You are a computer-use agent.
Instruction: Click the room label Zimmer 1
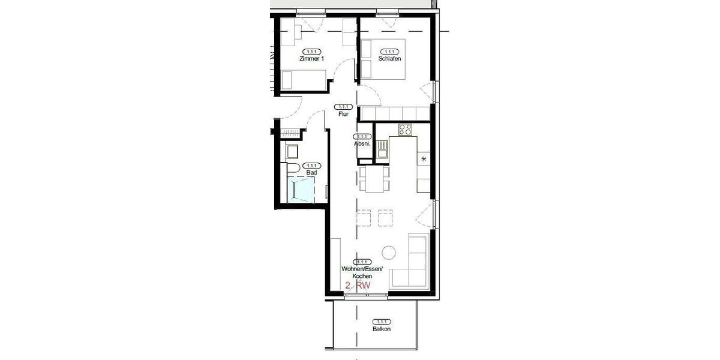click(311, 59)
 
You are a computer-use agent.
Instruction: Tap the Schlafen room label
click(389, 59)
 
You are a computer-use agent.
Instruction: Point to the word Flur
click(343, 113)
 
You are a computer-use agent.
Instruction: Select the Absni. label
click(362, 144)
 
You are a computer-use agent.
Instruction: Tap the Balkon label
click(381, 329)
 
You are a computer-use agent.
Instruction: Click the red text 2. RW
click(358, 286)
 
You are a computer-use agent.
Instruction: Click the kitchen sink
click(382, 147)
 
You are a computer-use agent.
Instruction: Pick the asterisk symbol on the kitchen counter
click(424, 159)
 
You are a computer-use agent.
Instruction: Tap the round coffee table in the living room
click(389, 253)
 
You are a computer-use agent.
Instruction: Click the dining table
click(373, 179)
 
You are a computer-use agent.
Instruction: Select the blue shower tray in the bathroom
click(302, 190)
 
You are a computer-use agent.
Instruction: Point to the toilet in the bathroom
click(293, 167)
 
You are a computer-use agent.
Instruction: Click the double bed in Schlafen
click(384, 59)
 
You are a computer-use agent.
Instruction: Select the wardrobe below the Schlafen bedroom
click(395, 113)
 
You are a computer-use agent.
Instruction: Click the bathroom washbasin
click(292, 150)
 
